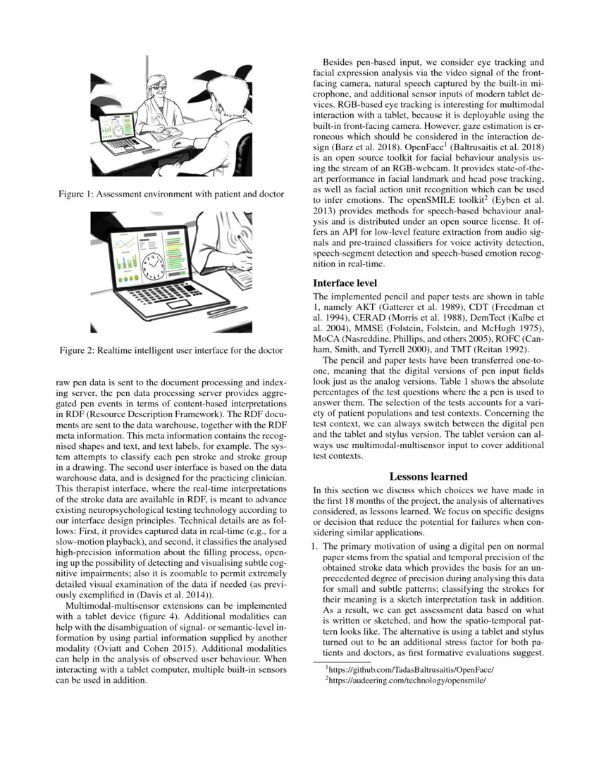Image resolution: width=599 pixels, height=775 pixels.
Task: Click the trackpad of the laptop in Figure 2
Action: (x=176, y=304)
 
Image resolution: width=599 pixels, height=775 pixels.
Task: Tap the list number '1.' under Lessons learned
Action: (x=316, y=545)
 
